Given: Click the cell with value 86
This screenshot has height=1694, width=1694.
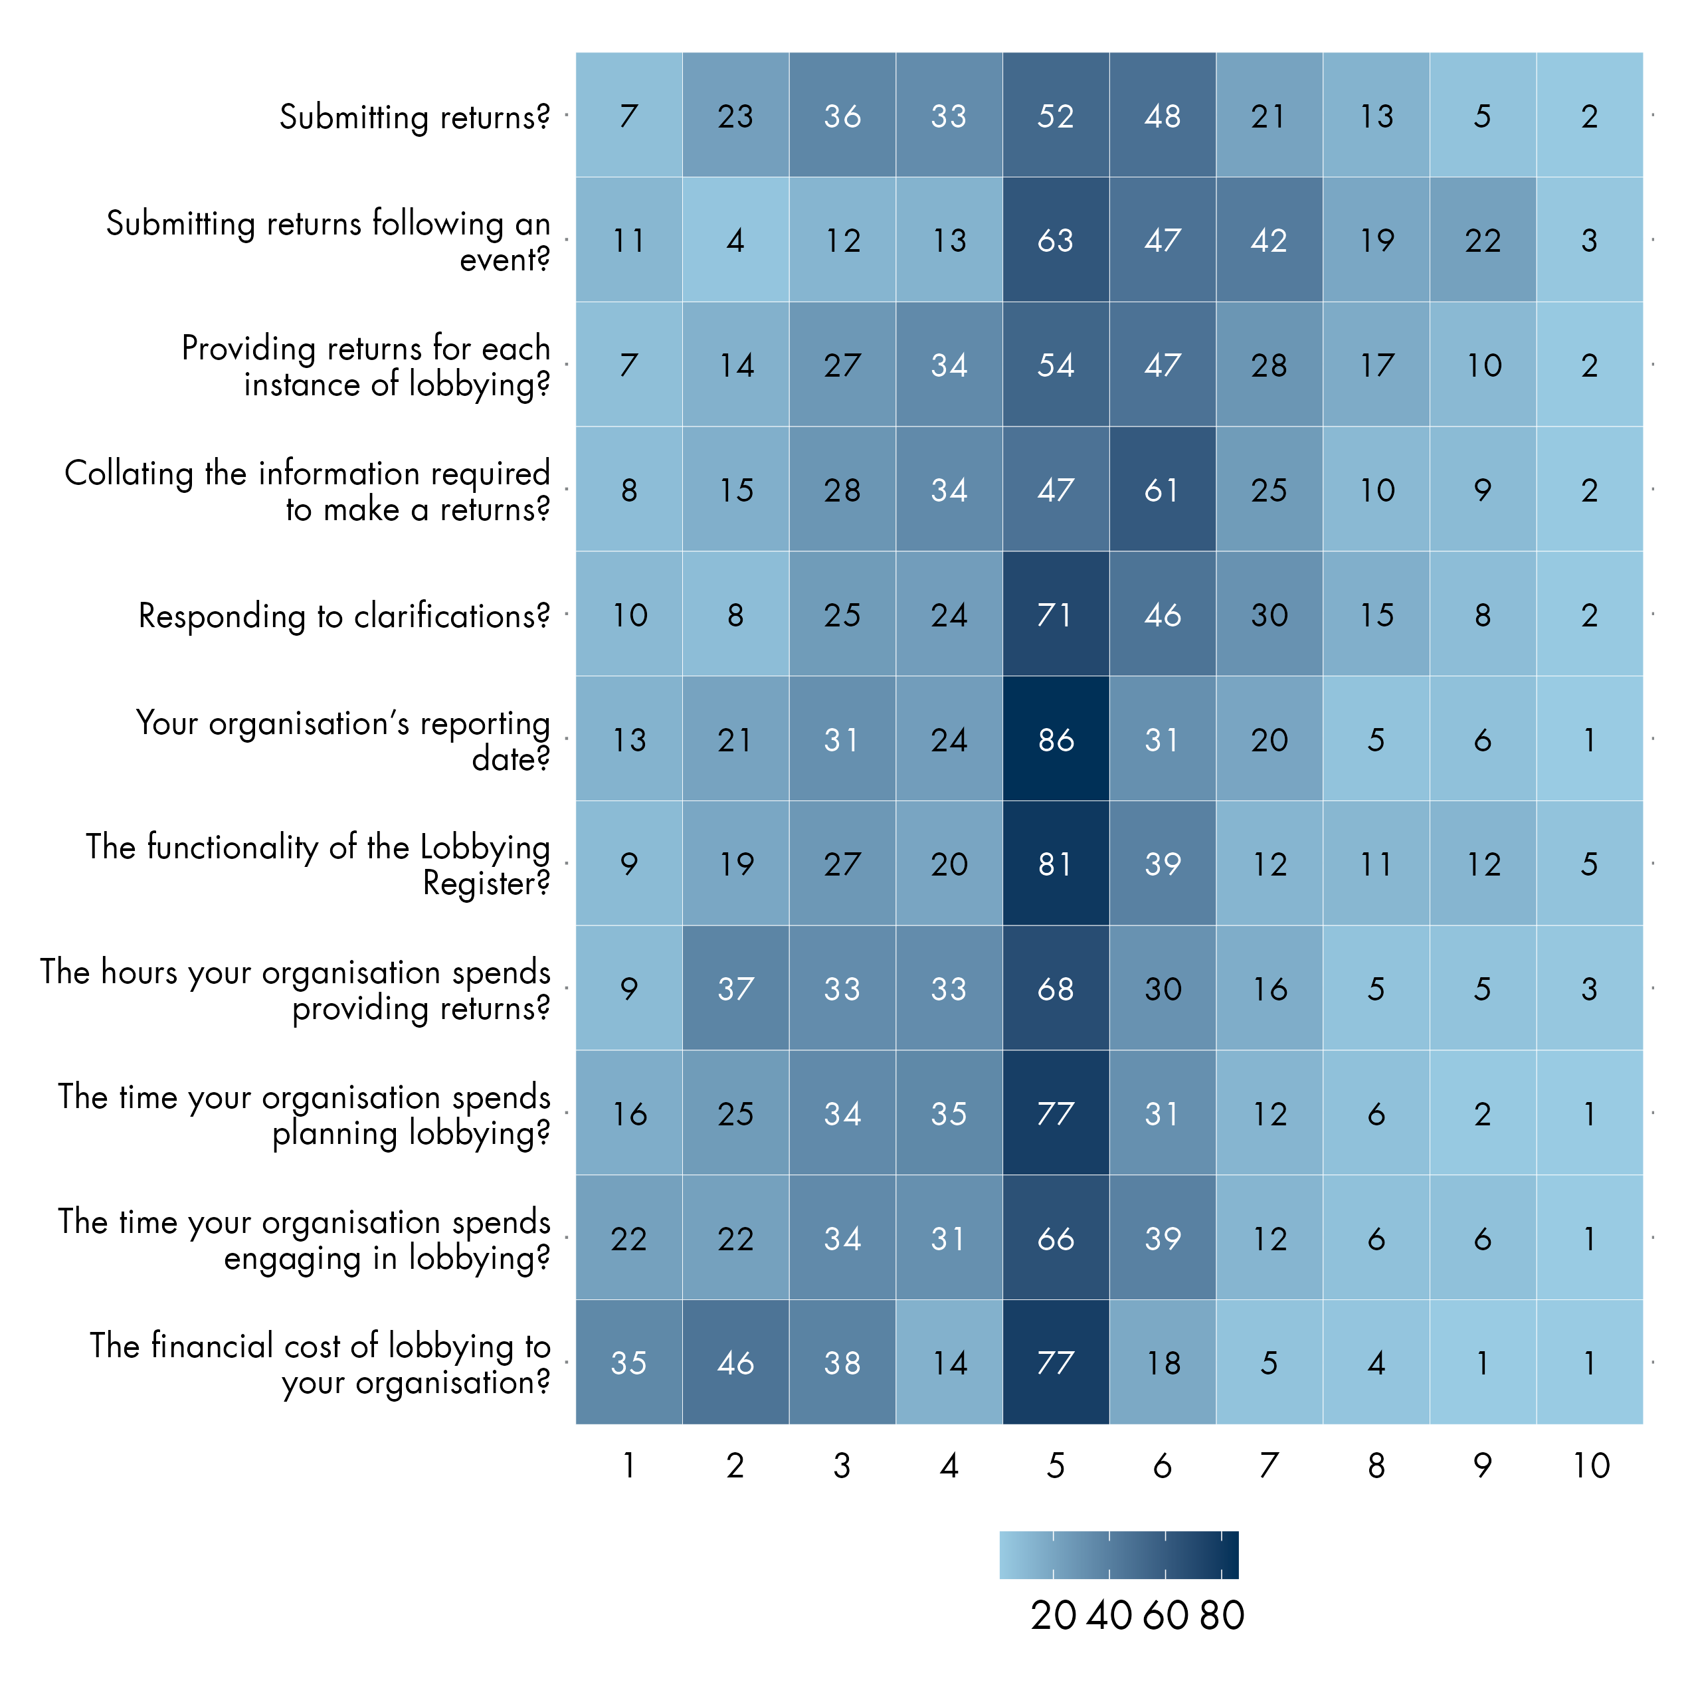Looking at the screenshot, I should (x=1056, y=739).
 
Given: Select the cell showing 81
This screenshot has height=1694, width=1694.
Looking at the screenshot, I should (x=1056, y=864).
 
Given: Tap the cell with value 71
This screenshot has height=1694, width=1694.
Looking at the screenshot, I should (x=1056, y=614).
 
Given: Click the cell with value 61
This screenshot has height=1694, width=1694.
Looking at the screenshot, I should (x=1163, y=489).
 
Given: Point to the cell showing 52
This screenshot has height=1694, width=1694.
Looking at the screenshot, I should (x=1056, y=116).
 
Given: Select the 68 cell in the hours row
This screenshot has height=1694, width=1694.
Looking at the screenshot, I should (x=1056, y=989).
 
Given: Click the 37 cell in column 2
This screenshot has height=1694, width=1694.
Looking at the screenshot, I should (x=735, y=989).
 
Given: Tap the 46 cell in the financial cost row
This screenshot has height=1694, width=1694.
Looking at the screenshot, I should (x=735, y=1363).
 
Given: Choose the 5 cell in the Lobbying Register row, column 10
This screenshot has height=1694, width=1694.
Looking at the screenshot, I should (x=1590, y=864).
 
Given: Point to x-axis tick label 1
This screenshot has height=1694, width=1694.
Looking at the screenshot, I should (x=628, y=1466).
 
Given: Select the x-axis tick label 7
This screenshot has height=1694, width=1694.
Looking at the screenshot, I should (x=1270, y=1466).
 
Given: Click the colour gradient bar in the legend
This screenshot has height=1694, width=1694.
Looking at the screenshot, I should (x=1119, y=1554).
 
